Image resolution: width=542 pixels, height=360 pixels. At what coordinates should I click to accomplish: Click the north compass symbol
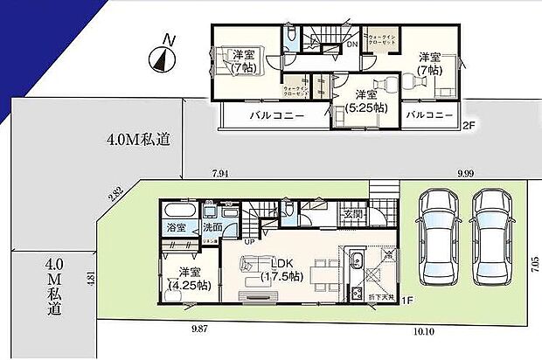tap(162, 56)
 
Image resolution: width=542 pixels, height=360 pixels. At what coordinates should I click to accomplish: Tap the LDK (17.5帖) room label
tap(282, 270)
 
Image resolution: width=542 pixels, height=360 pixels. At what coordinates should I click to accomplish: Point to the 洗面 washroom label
tap(212, 228)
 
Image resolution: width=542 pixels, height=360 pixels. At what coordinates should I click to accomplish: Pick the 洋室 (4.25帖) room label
tap(186, 276)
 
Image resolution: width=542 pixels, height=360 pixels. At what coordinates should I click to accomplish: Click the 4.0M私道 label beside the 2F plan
tap(138, 140)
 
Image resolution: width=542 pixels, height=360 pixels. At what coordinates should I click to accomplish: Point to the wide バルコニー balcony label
tap(276, 115)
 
